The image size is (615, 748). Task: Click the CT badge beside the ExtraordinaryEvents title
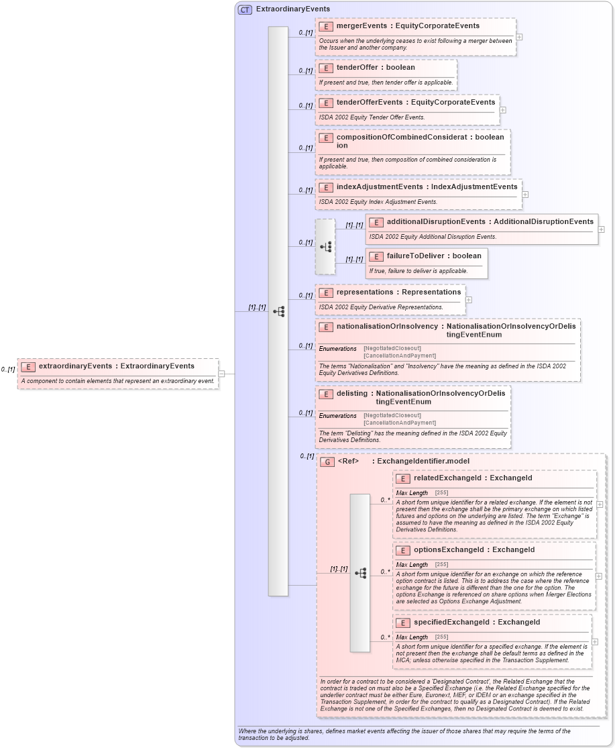tap(245, 9)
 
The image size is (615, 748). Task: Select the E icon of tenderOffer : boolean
tap(326, 68)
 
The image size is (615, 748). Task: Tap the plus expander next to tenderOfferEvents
tap(502, 110)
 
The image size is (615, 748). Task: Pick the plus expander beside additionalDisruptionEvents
tap(601, 229)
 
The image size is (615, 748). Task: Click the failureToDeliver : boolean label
tap(433, 256)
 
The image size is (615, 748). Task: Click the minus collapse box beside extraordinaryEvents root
tap(221, 374)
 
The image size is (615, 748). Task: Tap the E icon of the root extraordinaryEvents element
tap(28, 366)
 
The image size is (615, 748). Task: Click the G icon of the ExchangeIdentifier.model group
tap(327, 462)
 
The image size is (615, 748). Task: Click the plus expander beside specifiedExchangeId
tap(594, 642)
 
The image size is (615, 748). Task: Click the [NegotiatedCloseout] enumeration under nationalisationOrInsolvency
tap(392, 348)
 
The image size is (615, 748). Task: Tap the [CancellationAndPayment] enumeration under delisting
tap(400, 423)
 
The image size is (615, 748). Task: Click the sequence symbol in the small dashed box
tap(325, 246)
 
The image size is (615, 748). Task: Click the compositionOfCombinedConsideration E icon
tap(326, 138)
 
